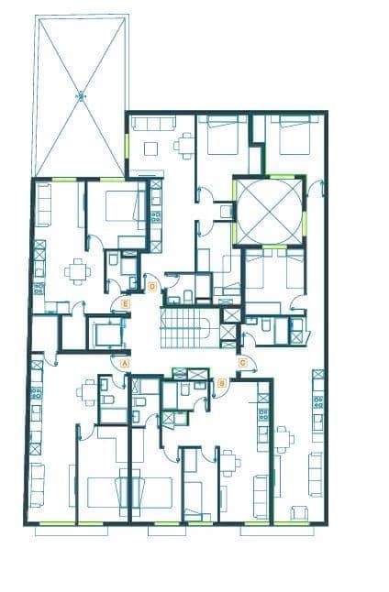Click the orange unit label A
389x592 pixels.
click(x=125, y=363)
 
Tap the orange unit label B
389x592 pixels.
click(x=222, y=382)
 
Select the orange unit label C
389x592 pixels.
click(x=242, y=363)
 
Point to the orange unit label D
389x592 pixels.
click(x=151, y=287)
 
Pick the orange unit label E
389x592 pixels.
click(x=126, y=302)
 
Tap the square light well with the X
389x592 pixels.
click(x=268, y=210)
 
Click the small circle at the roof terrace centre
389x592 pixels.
click(x=81, y=94)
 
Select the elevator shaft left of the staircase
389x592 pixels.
click(x=107, y=334)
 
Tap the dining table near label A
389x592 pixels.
click(x=89, y=392)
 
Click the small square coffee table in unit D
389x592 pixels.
click(x=151, y=148)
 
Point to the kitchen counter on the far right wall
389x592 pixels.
click(x=317, y=403)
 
